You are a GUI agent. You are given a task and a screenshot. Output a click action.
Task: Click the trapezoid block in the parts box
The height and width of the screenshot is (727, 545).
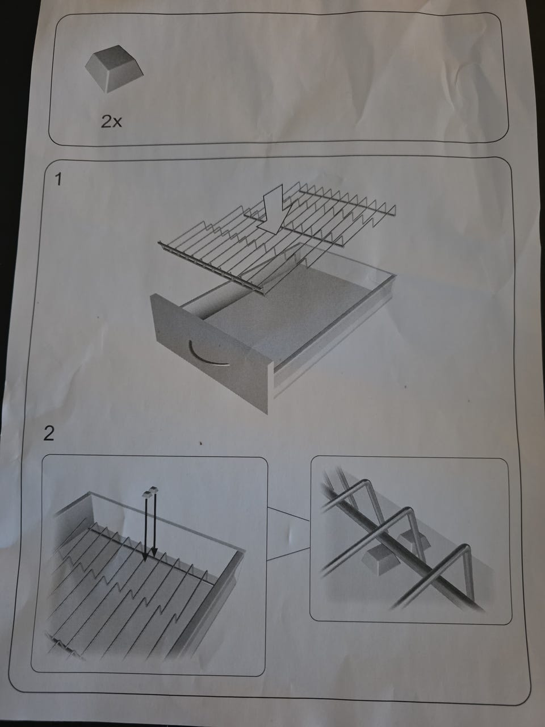(x=115, y=68)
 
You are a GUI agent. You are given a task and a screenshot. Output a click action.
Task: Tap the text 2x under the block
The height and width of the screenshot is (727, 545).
(x=111, y=122)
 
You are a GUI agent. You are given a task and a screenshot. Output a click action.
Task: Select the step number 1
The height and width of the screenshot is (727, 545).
(x=58, y=179)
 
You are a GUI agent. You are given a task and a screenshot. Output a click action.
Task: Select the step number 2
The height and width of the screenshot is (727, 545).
(x=49, y=433)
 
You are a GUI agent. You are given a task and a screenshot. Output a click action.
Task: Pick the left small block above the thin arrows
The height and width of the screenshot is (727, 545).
(x=146, y=494)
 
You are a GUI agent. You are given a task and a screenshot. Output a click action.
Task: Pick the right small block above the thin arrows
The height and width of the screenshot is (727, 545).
(x=154, y=489)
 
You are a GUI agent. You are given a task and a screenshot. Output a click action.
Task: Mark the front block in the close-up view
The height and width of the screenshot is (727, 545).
(x=380, y=560)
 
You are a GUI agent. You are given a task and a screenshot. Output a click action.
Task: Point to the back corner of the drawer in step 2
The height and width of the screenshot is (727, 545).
(x=90, y=494)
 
